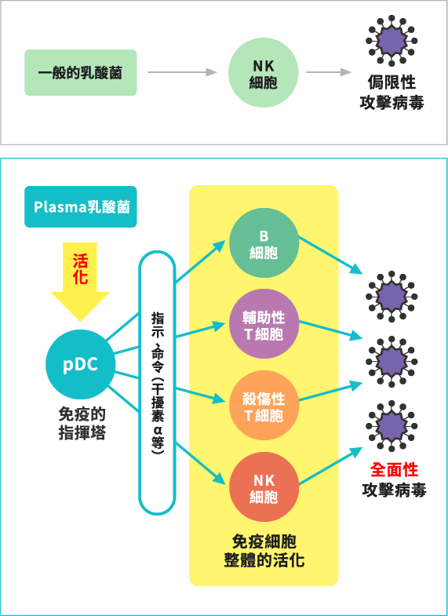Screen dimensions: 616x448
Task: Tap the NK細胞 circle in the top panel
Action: click(x=263, y=73)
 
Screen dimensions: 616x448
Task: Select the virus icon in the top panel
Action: click(x=392, y=41)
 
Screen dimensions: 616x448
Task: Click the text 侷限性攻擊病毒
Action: click(x=392, y=93)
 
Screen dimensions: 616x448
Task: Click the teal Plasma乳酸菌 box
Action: click(x=81, y=207)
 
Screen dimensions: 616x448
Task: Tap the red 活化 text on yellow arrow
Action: click(x=80, y=269)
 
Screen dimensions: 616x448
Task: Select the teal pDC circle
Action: click(x=81, y=365)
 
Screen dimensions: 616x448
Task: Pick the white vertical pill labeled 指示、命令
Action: click(x=157, y=383)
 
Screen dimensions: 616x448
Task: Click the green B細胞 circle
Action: click(x=264, y=244)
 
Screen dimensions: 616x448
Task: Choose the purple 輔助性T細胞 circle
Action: click(x=264, y=325)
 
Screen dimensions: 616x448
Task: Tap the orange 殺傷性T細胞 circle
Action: click(x=264, y=406)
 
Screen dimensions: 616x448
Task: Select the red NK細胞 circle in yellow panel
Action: click(x=264, y=487)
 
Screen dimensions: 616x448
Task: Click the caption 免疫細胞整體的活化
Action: click(x=264, y=552)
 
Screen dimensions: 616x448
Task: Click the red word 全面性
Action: click(x=394, y=470)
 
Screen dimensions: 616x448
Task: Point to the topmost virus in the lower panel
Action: click(x=392, y=297)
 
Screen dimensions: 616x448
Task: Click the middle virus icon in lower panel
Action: click(x=392, y=361)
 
